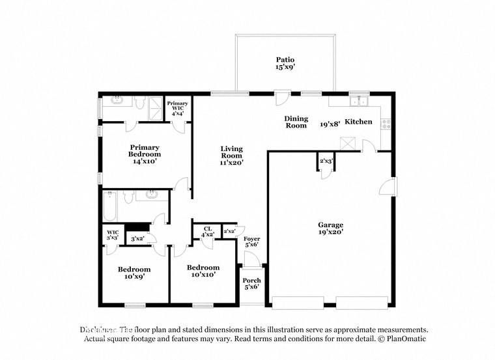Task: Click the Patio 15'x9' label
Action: [285, 63]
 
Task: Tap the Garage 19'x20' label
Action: [330, 228]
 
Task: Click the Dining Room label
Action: [296, 122]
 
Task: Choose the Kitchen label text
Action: [358, 122]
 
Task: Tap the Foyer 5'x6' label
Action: [251, 242]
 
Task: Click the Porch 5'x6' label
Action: [251, 284]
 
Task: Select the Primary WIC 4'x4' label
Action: [177, 108]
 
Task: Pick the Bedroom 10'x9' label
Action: [134, 273]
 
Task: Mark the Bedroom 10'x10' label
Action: [203, 271]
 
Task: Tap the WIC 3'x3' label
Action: [111, 234]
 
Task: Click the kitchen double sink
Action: [358, 101]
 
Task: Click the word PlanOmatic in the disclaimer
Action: [407, 339]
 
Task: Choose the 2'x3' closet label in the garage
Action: [326, 161]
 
